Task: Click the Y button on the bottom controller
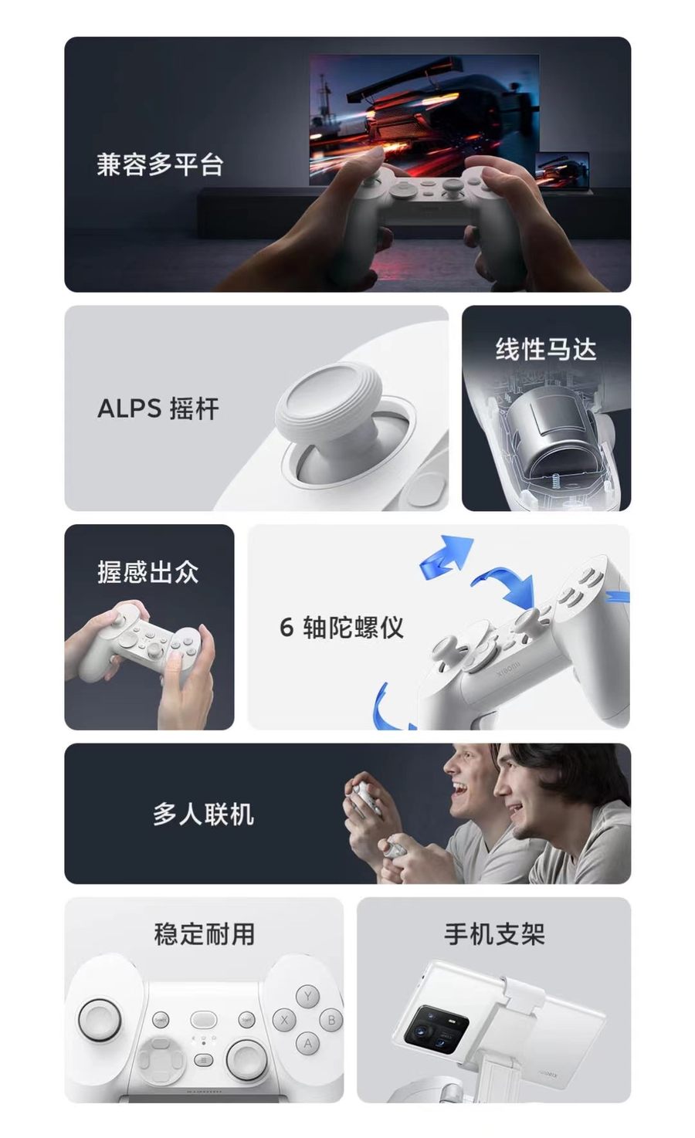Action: click(x=308, y=996)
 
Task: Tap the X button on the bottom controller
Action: click(x=284, y=1020)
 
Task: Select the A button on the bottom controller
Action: click(x=308, y=1043)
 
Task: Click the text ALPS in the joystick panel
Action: click(x=129, y=408)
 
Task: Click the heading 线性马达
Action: click(x=546, y=350)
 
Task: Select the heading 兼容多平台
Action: click(x=160, y=164)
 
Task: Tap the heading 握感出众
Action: click(x=147, y=572)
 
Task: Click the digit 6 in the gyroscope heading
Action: click(x=286, y=627)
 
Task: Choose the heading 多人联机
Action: click(x=203, y=815)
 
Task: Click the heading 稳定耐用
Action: click(x=204, y=934)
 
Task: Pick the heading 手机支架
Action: click(x=494, y=934)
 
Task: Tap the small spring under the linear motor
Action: click(x=556, y=479)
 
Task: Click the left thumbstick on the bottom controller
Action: click(x=100, y=1018)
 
